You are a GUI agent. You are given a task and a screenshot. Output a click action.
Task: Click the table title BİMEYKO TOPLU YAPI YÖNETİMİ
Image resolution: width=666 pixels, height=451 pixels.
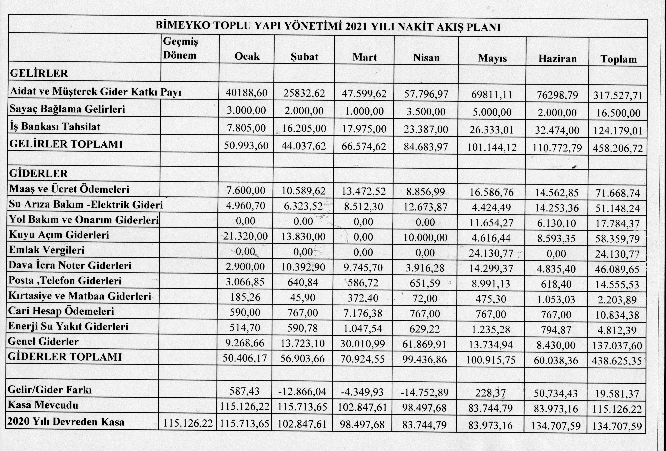tap(328, 26)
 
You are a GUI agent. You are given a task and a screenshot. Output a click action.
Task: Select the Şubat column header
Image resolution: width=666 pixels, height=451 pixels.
tap(304, 57)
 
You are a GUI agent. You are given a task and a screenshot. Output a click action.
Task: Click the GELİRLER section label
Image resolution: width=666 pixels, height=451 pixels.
tap(39, 73)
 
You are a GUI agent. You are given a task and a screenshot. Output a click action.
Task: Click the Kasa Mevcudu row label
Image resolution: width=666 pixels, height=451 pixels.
tap(43, 405)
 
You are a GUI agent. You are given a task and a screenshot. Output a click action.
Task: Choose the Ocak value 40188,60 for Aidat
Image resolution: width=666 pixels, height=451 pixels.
tap(246, 93)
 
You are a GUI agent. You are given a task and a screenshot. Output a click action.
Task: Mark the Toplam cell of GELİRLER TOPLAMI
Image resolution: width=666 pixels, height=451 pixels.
tap(618, 148)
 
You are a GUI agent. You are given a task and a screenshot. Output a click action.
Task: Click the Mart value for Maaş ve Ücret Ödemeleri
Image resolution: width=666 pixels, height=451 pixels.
tap(363, 191)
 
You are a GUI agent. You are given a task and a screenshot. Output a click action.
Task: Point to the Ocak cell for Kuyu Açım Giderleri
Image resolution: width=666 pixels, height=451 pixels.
tap(246, 236)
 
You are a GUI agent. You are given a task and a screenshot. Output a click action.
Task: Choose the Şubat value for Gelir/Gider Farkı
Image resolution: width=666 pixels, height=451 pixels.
tap(302, 392)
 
